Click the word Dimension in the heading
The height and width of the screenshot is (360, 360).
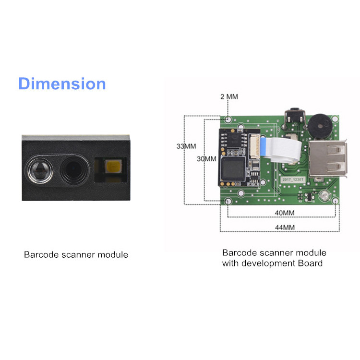click(x=62, y=84)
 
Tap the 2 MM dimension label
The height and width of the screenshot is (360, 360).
click(x=229, y=96)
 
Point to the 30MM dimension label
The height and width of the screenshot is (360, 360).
click(x=206, y=158)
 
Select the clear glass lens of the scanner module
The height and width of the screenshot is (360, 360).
click(x=38, y=168)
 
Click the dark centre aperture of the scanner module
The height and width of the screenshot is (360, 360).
click(x=73, y=169)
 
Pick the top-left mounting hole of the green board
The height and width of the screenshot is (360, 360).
click(x=228, y=119)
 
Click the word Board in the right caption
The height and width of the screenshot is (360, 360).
click(x=311, y=263)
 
